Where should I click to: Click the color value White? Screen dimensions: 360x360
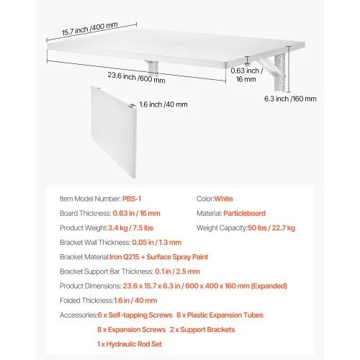[x=223, y=199]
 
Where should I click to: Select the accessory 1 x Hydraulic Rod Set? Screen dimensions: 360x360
[x=133, y=344]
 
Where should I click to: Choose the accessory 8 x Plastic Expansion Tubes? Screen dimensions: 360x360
[x=220, y=315]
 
